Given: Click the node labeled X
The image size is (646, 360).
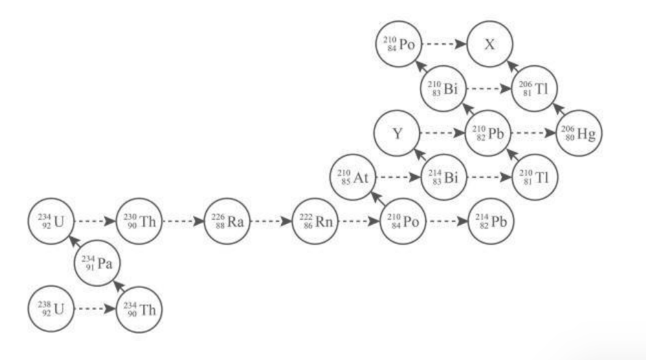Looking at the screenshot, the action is [490, 44].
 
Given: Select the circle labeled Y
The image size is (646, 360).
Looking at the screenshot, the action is [397, 133].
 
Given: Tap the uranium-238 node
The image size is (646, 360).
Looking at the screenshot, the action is [51, 309].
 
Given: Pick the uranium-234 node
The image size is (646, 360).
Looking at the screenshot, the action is [51, 221].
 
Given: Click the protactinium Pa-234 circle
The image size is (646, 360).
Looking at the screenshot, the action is [97, 263].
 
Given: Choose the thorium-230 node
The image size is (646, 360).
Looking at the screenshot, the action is [140, 221].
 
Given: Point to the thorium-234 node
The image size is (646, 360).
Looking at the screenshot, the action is [140, 310].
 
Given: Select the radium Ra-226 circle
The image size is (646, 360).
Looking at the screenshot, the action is [227, 221].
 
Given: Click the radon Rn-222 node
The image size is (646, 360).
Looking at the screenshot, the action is [315, 221].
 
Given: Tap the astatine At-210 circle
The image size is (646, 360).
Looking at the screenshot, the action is [353, 177].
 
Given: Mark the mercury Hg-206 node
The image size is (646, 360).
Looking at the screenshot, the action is [579, 133].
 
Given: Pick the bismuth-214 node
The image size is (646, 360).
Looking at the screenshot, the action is [444, 177].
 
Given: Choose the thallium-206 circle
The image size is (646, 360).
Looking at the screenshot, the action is [535, 89].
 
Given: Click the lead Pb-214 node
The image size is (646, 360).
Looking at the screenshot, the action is [491, 221].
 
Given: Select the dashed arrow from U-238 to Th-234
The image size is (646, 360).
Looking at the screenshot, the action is [96, 309].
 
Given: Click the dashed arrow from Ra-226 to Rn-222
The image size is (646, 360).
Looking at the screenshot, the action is [271, 221].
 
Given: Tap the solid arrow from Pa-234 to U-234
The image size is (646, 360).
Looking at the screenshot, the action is [76, 243].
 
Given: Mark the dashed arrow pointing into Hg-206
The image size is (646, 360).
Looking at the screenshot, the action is [533, 133].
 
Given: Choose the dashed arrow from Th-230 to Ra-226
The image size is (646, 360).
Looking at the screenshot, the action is [183, 221].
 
